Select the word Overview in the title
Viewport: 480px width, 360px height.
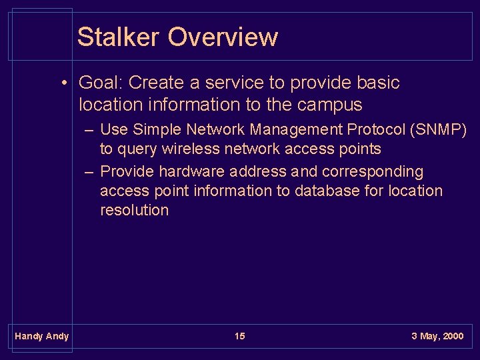tap(223, 37)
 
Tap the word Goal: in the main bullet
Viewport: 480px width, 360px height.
tap(101, 83)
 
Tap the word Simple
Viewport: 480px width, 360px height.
tap(157, 129)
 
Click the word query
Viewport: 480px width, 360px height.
tap(137, 149)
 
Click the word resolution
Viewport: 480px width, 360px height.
tap(134, 210)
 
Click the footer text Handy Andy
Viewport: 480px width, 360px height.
tap(41, 336)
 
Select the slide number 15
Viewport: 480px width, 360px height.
tap(240, 336)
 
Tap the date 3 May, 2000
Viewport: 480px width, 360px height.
tap(437, 336)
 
